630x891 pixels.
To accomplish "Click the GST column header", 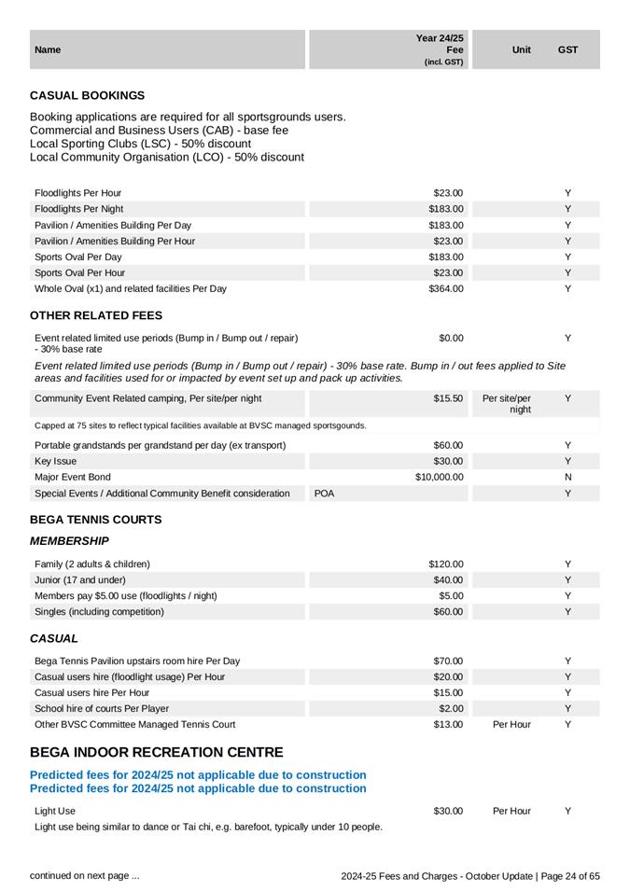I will point(567,49).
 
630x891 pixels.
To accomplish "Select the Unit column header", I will point(522,49).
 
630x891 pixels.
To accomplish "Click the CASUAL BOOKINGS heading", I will point(88,95).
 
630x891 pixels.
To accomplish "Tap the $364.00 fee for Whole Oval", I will point(446,288).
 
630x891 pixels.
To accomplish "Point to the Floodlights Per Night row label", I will point(78,209).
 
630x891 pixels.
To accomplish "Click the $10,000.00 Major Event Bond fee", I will point(440,477).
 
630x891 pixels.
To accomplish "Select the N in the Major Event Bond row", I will point(567,477).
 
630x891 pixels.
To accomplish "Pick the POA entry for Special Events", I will point(324,493).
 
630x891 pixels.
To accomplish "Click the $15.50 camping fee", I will point(448,398).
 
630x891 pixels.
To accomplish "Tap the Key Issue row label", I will point(56,461).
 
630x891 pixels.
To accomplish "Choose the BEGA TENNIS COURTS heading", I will point(96,520).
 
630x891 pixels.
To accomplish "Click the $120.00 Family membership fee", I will point(446,564).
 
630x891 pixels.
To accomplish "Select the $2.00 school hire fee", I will point(451,708).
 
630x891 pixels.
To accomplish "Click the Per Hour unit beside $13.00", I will point(511,724).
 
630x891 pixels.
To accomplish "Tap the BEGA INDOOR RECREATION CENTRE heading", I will point(157,752).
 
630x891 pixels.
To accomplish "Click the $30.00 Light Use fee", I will point(448,811).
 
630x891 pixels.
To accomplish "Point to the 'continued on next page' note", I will point(85,875).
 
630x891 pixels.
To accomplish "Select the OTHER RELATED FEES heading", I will point(96,315).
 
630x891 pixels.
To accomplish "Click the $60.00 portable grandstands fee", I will point(448,445).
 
